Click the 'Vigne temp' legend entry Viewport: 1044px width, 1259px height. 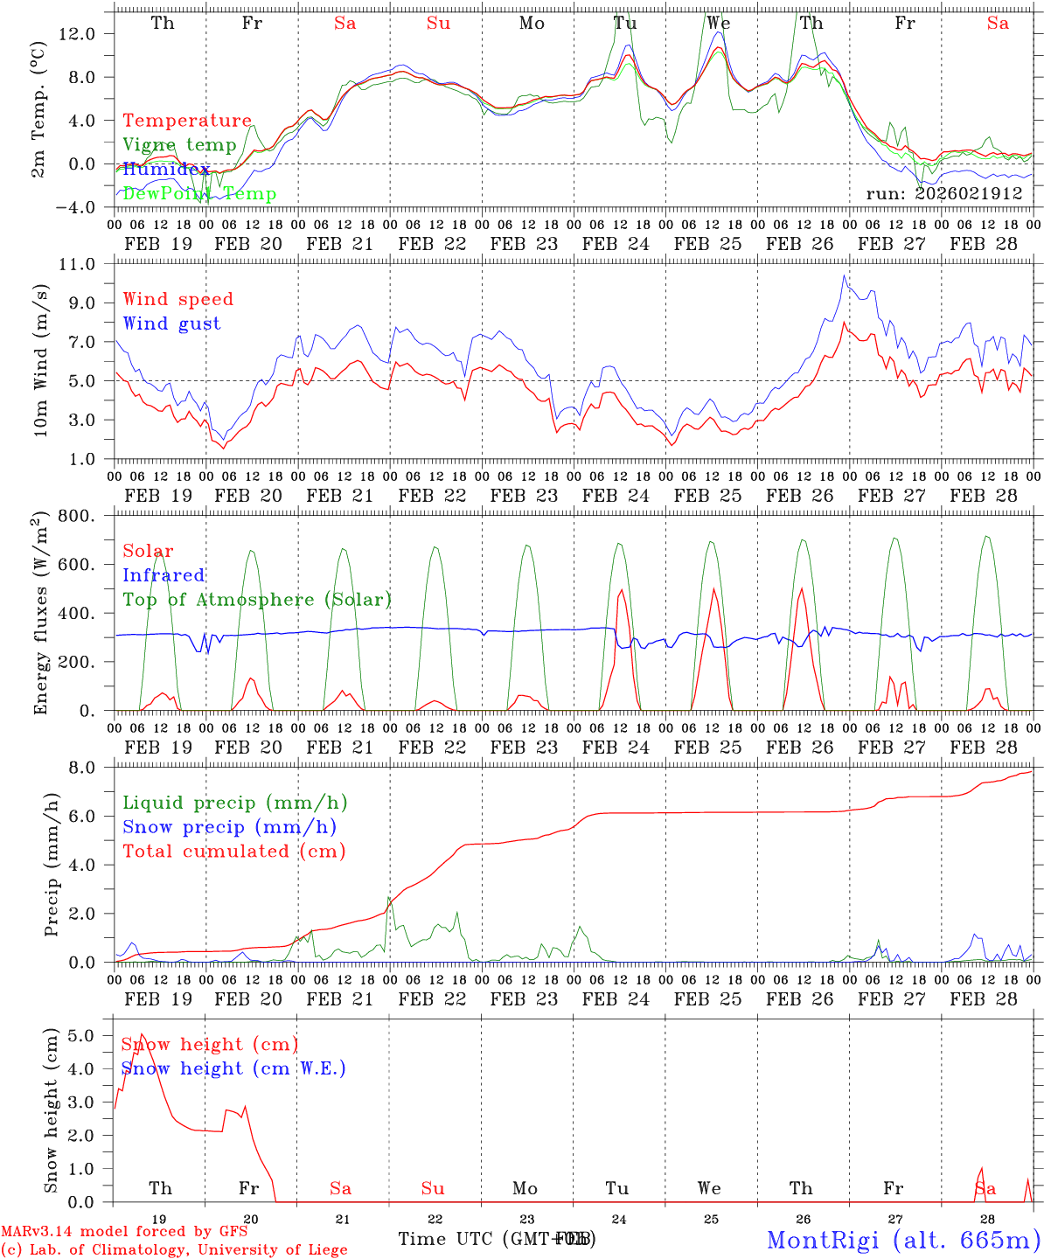pyautogui.click(x=179, y=145)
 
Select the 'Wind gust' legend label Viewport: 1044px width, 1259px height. pyautogui.click(x=171, y=323)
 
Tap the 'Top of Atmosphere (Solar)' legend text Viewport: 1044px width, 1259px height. pyautogui.click(x=256, y=600)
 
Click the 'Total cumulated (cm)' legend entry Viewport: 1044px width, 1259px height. pyautogui.click(x=233, y=851)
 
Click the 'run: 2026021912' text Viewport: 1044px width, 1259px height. pyautogui.click(x=943, y=193)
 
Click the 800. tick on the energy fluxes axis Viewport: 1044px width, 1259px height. pyautogui.click(x=84, y=516)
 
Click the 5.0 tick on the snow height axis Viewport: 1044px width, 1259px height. pyautogui.click(x=92, y=1036)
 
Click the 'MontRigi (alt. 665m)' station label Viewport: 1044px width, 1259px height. pyautogui.click(x=903, y=1239)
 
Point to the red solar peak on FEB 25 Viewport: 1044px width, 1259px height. pyautogui.click(x=713, y=588)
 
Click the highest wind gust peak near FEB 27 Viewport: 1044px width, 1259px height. pyautogui.click(x=844, y=275)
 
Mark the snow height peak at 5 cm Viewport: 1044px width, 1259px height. pyautogui.click(x=142, y=1035)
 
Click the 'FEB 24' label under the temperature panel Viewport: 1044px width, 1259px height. pyautogui.click(x=616, y=244)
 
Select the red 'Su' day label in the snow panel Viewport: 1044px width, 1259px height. pyautogui.click(x=433, y=1188)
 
